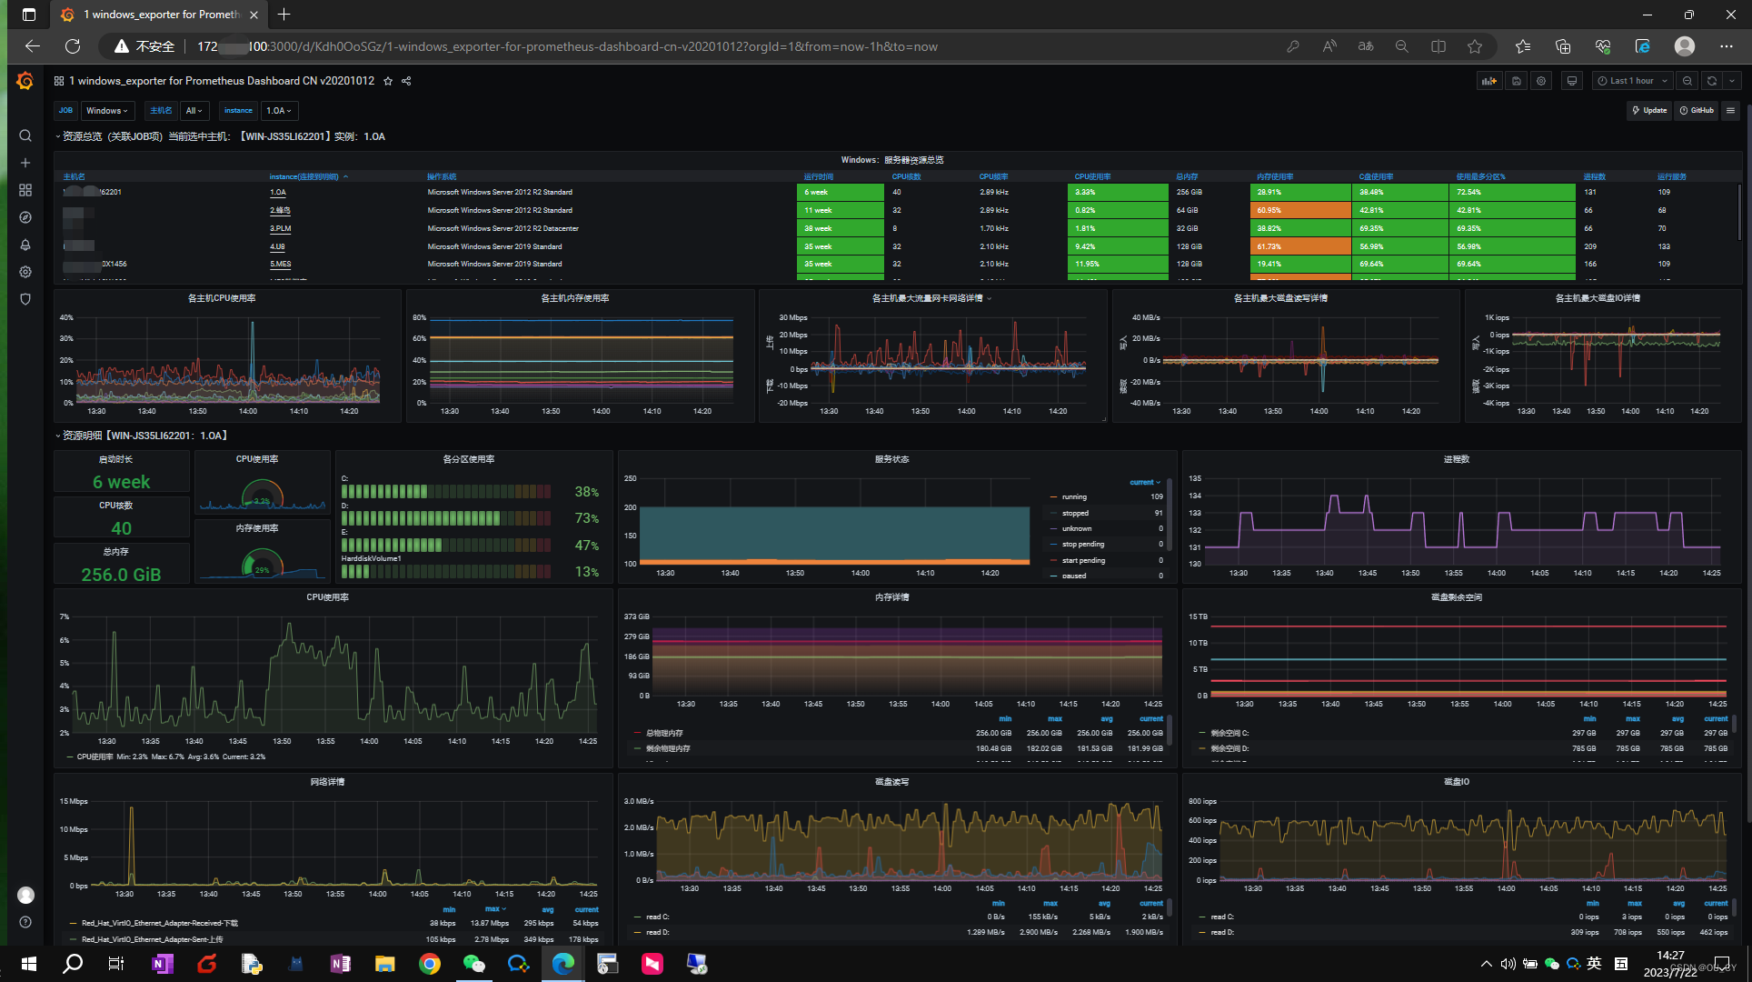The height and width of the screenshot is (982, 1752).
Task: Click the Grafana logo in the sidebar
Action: click(x=25, y=82)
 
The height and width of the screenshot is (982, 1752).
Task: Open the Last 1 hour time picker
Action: click(x=1632, y=81)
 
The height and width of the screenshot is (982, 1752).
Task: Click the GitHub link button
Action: click(x=1697, y=111)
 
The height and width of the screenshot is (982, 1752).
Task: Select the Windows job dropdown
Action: click(x=107, y=111)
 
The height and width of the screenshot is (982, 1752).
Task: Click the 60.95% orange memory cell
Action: click(x=1299, y=210)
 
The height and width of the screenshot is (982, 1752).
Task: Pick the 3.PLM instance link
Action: click(x=280, y=228)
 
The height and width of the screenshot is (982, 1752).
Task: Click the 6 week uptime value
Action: click(x=122, y=482)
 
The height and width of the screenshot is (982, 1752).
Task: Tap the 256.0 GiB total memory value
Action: click(x=121, y=575)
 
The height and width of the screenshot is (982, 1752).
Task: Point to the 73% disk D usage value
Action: click(x=586, y=518)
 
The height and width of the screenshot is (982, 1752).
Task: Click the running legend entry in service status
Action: click(x=1074, y=496)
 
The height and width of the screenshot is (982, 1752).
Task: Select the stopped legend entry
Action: click(x=1075, y=513)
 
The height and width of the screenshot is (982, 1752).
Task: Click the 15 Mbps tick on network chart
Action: click(x=74, y=801)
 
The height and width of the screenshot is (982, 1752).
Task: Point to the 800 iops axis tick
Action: click(x=1202, y=801)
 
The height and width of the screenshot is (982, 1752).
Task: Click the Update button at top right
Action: click(x=1649, y=111)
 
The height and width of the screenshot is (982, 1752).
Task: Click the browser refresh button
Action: click(x=73, y=46)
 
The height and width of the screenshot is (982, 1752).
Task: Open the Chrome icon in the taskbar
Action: click(x=430, y=964)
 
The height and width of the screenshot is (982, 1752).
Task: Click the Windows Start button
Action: click(x=28, y=964)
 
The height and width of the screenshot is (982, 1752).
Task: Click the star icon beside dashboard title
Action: click(x=388, y=81)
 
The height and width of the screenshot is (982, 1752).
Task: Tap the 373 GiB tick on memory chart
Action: click(x=636, y=616)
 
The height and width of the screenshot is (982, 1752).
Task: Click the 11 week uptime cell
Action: click(x=840, y=210)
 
